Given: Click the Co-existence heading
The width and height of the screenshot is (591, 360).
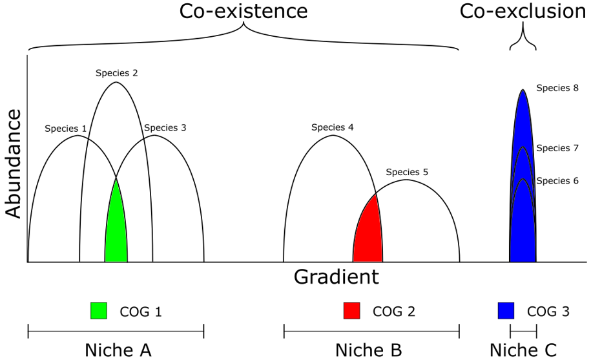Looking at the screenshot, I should coord(243,11).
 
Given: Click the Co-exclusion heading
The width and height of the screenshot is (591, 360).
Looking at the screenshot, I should coord(523,11).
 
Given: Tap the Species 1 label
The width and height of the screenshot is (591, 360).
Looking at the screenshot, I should coord(66,128).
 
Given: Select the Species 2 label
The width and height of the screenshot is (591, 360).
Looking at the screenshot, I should coord(116,73).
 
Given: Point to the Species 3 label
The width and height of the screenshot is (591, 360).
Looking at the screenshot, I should coord(165,127).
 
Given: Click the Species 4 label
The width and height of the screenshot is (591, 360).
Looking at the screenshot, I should coord(332,127).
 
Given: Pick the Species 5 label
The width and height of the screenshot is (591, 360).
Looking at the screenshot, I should coord(407,172).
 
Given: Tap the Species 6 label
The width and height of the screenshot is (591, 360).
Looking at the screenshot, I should coord(557,182).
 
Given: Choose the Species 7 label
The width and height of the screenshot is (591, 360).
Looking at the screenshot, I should coord(557,148).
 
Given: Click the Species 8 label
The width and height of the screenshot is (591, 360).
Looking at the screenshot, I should coord(557,89).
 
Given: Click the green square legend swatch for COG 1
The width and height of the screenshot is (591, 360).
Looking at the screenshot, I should coord(99,311).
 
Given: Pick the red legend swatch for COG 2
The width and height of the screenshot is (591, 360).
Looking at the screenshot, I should coord(352,311).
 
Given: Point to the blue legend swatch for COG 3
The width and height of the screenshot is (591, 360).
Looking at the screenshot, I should coord(506,311).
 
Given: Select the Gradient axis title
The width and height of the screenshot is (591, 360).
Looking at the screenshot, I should coord(336,277).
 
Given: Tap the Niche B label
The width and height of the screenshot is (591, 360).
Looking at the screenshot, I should coord(369,350).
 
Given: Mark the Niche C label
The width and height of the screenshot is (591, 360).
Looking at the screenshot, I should coord(523,350).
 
